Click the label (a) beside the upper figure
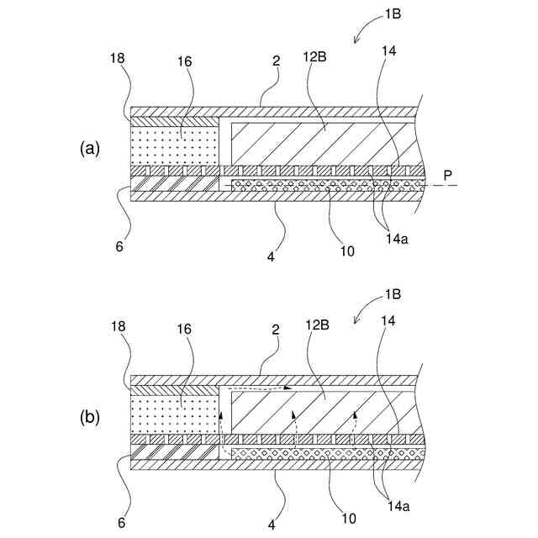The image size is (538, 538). tap(89, 149)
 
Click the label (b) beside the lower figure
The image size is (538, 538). tap(89, 416)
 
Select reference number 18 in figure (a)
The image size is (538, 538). tap(117, 58)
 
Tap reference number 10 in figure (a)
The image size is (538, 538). tap(347, 251)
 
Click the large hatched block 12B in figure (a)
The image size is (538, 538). tap(319, 143)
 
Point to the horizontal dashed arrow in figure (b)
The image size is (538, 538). tap(261, 389)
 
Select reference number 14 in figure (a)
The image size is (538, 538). tap(388, 50)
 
